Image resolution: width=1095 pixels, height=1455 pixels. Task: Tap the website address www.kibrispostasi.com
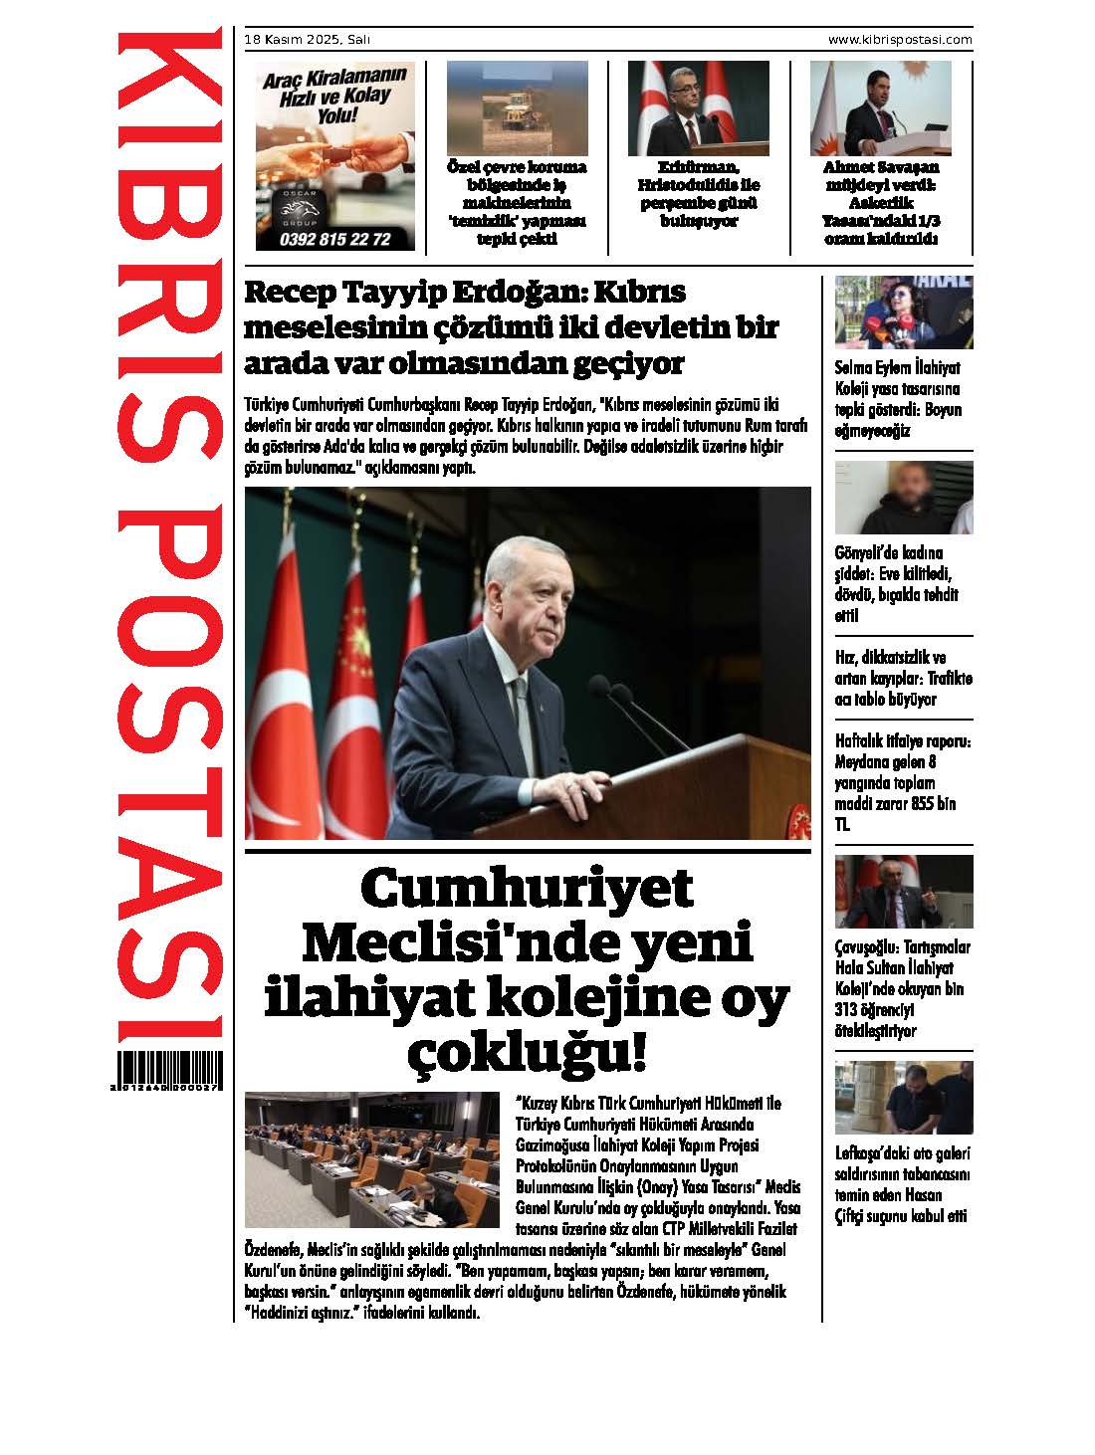[x=900, y=40]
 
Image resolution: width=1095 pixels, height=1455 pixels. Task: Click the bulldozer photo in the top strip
[x=516, y=108]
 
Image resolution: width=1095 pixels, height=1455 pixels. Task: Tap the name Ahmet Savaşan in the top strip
[x=880, y=167]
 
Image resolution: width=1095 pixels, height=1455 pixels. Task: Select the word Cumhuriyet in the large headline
[x=527, y=889]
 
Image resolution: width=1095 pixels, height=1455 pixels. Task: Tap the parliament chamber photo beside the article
[x=372, y=1159]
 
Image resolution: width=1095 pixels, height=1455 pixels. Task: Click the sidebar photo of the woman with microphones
[x=903, y=312]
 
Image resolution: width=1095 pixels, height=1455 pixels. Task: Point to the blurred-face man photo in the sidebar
[x=903, y=498]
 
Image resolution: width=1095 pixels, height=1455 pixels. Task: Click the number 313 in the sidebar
[x=850, y=1010]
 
